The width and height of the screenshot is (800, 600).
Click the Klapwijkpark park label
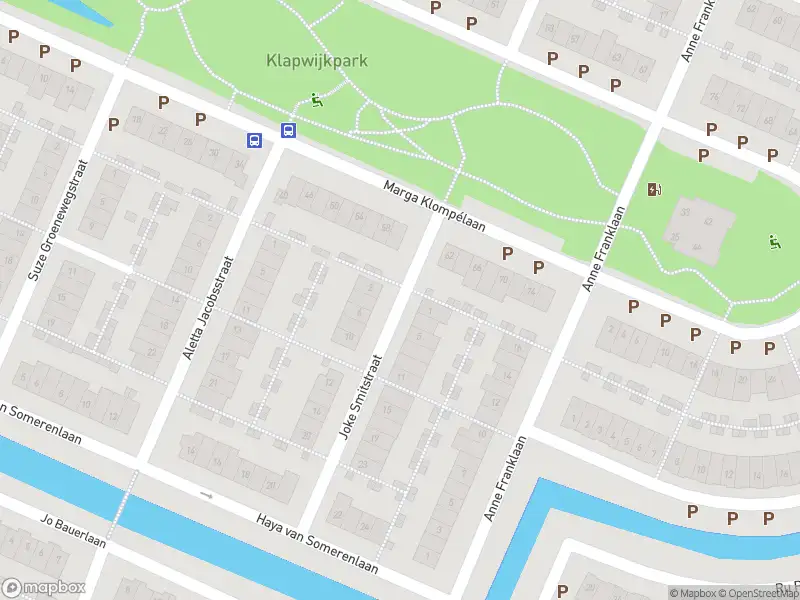click(316, 60)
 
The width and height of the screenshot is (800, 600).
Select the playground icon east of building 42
click(773, 241)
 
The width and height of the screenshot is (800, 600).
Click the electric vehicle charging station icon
click(654, 189)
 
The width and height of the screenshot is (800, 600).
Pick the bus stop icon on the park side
click(288, 130)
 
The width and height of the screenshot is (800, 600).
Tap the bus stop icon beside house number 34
click(255, 141)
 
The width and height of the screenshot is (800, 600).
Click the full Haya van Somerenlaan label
click(317, 544)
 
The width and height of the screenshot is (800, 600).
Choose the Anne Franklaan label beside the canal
click(505, 477)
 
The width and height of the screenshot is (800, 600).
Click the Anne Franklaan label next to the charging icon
click(603, 249)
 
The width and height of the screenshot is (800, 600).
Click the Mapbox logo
click(43, 588)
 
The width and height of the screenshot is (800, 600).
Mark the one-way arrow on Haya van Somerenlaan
click(207, 494)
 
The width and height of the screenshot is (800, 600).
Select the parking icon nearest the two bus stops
click(200, 119)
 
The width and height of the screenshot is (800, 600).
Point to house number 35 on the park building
click(685, 212)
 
